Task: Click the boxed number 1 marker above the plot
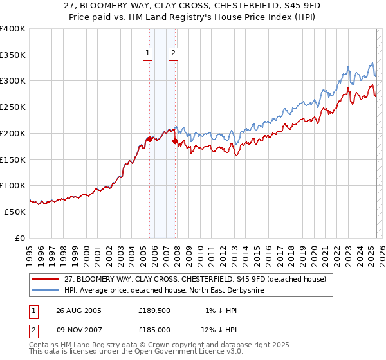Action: pyautogui.click(x=148, y=54)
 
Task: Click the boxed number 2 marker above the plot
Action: pyautogui.click(x=174, y=54)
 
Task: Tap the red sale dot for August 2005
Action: pyautogui.click(x=149, y=139)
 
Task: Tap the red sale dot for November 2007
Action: pyautogui.click(x=174, y=141)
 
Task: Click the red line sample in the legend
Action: pyautogui.click(x=46, y=278)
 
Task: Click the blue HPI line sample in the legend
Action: pyautogui.click(x=46, y=290)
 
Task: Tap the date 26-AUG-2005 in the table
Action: pyautogui.click(x=78, y=310)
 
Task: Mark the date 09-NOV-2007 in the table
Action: pyautogui.click(x=78, y=330)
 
